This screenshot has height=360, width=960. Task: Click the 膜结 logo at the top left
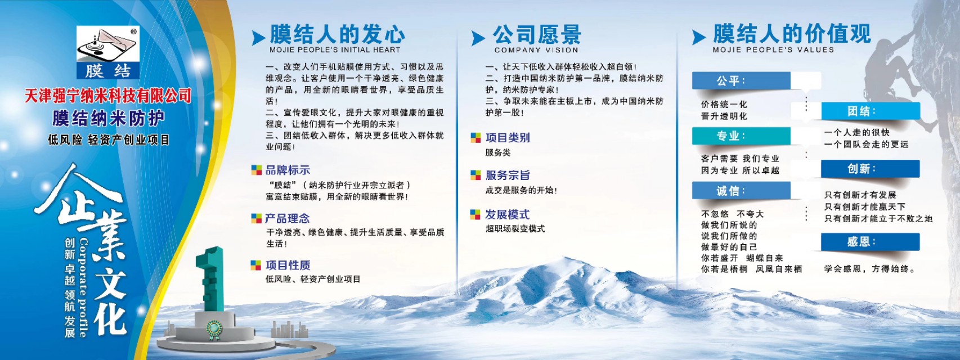pos(108,52)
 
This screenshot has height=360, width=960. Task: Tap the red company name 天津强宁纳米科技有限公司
pos(108,96)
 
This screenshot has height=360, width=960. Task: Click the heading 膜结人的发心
pos(337,34)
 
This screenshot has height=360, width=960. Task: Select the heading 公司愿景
pos(537,34)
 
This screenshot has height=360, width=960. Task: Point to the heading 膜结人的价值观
pos(792,34)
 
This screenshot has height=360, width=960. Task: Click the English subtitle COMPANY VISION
pos(536,50)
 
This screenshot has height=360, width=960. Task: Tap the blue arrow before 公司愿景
pos(478,38)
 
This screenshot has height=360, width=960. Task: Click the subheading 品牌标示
pos(288,170)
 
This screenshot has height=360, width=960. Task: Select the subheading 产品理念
pos(287,218)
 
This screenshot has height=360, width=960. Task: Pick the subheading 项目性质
pos(288,265)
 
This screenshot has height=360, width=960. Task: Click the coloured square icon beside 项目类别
pos(475,138)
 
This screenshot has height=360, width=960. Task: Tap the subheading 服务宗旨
pos(508,175)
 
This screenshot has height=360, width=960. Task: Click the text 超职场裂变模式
pos(515,228)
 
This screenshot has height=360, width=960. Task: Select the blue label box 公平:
pos(741,80)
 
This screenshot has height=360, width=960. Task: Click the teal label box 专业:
pos(741,136)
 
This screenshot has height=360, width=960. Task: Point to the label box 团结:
pos(870,111)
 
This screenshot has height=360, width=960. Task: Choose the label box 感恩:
pos(869,242)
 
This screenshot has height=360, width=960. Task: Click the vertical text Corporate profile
pos(83,287)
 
